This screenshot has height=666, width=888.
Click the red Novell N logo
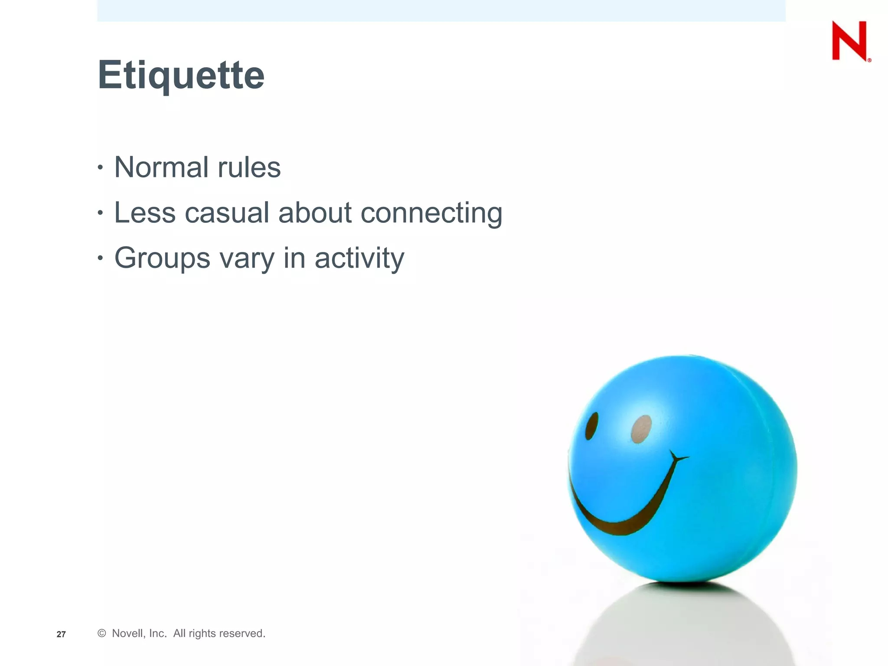(x=849, y=41)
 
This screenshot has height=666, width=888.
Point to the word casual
(x=227, y=213)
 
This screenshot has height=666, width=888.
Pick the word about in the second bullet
(x=315, y=213)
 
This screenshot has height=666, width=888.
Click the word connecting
(x=431, y=214)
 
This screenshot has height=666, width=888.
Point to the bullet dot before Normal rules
(x=101, y=167)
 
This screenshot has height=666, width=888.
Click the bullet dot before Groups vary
(x=101, y=258)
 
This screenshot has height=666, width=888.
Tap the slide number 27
(x=61, y=634)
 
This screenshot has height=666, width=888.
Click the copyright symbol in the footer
(x=102, y=633)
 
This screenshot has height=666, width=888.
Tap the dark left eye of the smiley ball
(x=591, y=426)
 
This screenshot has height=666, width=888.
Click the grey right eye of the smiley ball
(x=641, y=429)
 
